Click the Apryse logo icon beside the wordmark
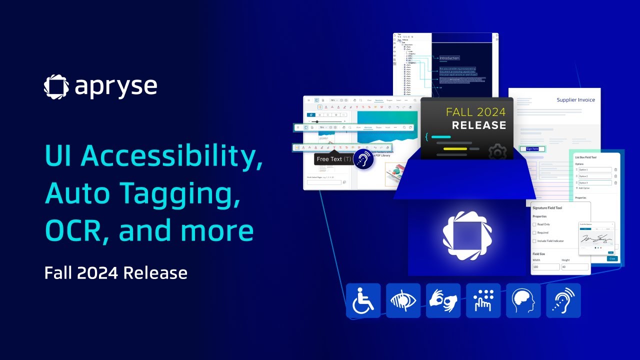(x=56, y=86)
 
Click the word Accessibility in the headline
(x=171, y=156)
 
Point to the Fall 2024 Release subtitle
(x=115, y=273)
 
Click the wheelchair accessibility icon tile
(x=363, y=300)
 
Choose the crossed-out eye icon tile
(x=403, y=300)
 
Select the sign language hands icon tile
(x=443, y=300)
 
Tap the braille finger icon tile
(x=483, y=300)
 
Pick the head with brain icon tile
(x=523, y=300)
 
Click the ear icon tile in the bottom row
(x=563, y=300)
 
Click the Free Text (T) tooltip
(x=334, y=159)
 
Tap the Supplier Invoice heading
(x=576, y=100)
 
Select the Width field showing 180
(x=545, y=267)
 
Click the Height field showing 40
(x=574, y=267)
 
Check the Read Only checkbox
(x=534, y=224)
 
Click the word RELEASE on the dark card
(x=479, y=125)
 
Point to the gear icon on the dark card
(x=497, y=151)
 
